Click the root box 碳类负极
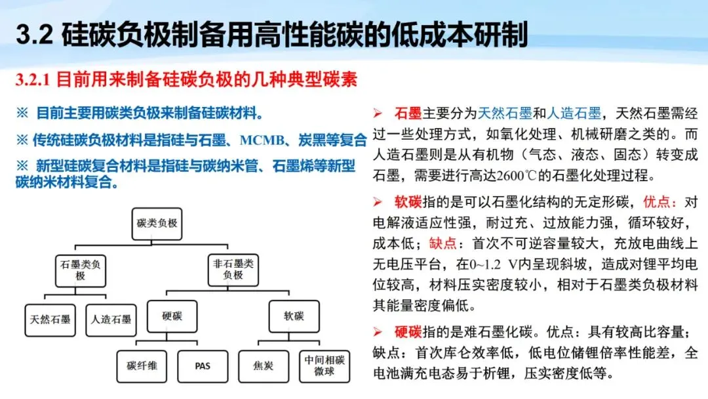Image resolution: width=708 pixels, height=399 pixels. tap(157, 223)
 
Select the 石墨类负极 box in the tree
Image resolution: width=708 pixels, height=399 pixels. tap(80, 269)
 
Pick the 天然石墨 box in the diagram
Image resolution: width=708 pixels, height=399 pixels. tap(49, 320)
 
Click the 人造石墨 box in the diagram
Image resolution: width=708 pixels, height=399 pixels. tap(111, 320)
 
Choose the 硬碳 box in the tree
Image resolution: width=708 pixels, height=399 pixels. tap(172, 316)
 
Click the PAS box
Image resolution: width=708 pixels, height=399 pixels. tap(203, 366)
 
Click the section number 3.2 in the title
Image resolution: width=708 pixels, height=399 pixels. tap(34, 35)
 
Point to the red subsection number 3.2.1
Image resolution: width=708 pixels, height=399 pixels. tap(33, 81)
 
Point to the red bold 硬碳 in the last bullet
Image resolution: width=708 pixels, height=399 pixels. tap(408, 332)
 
